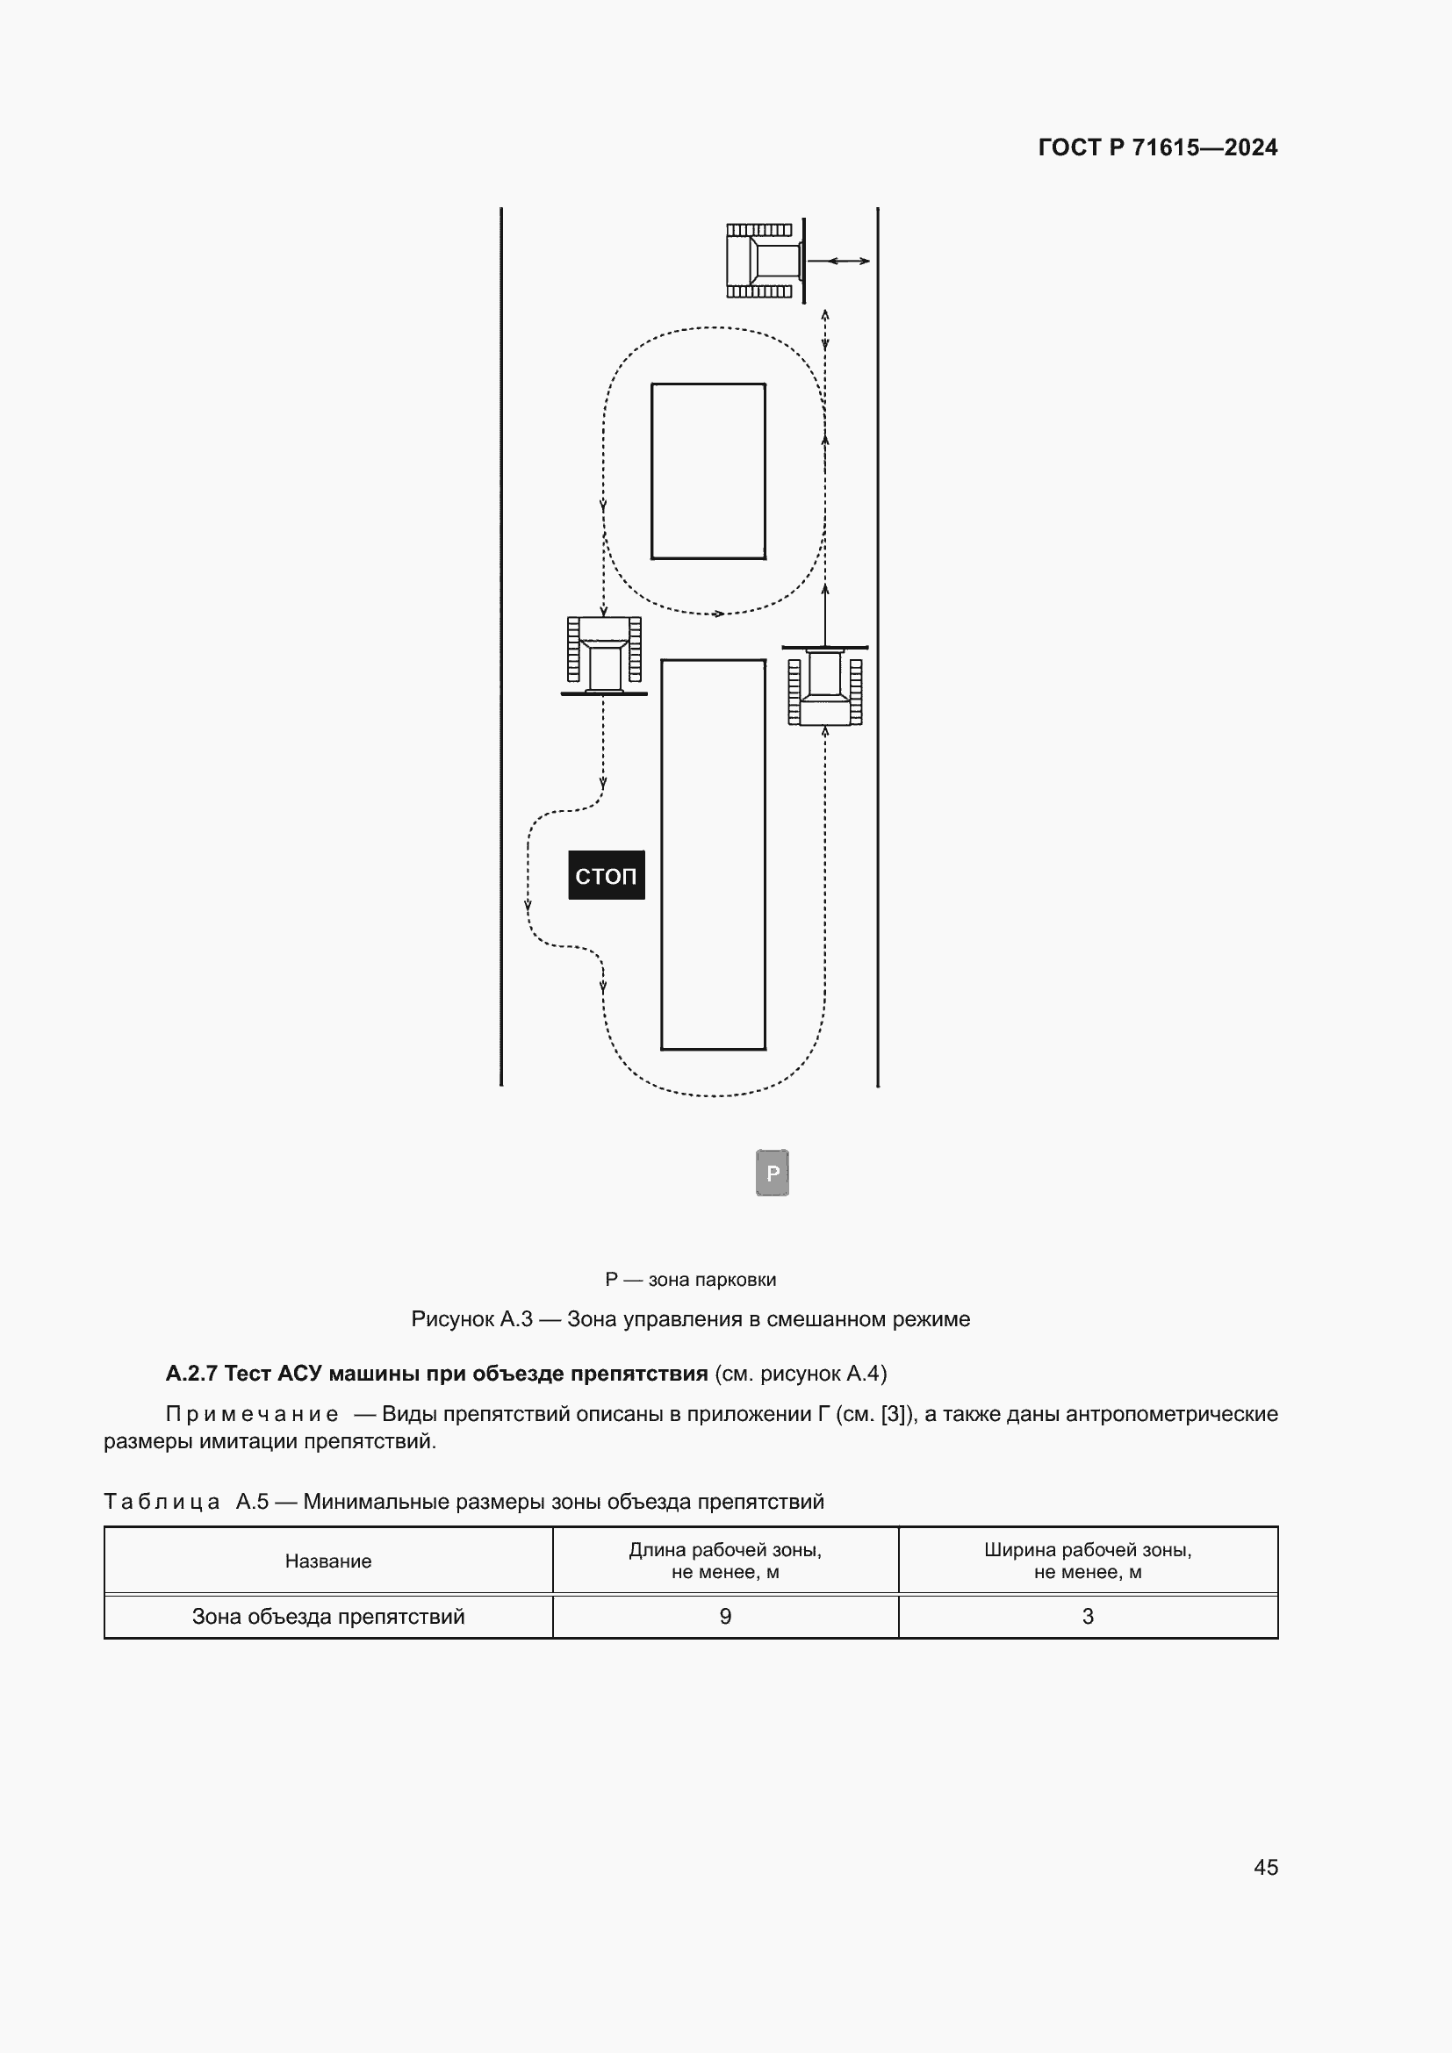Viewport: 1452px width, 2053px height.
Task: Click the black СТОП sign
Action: (607, 874)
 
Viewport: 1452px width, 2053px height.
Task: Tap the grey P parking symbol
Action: (773, 1173)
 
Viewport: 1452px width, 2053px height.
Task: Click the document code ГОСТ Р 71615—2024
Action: (1158, 147)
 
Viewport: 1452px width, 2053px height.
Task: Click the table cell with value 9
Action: (725, 1616)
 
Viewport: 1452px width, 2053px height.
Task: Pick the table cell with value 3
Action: (1087, 1616)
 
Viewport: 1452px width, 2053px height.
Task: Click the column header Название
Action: (328, 1561)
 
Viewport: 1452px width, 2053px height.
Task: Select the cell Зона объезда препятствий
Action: (328, 1616)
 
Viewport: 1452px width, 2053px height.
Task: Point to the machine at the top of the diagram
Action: (765, 260)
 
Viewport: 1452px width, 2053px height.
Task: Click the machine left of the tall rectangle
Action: (604, 656)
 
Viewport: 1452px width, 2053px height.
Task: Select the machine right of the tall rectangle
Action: (824, 686)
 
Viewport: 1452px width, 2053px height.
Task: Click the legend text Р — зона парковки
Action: (690, 1280)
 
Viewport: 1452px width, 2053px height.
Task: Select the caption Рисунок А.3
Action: (471, 1319)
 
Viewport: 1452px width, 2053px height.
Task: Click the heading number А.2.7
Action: (191, 1373)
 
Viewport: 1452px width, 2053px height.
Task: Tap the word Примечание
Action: (252, 1414)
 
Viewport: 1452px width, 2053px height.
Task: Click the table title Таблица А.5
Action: (186, 1501)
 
